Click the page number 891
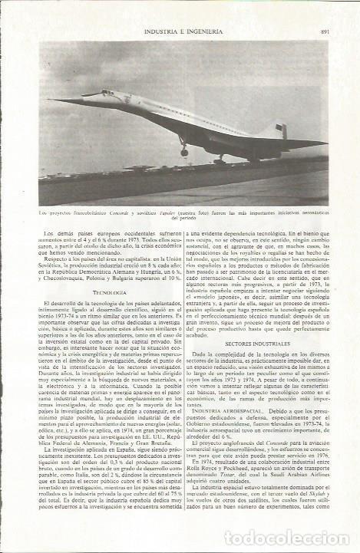pyautogui.click(x=325, y=31)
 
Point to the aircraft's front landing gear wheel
pyautogui.click(x=184, y=153)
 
